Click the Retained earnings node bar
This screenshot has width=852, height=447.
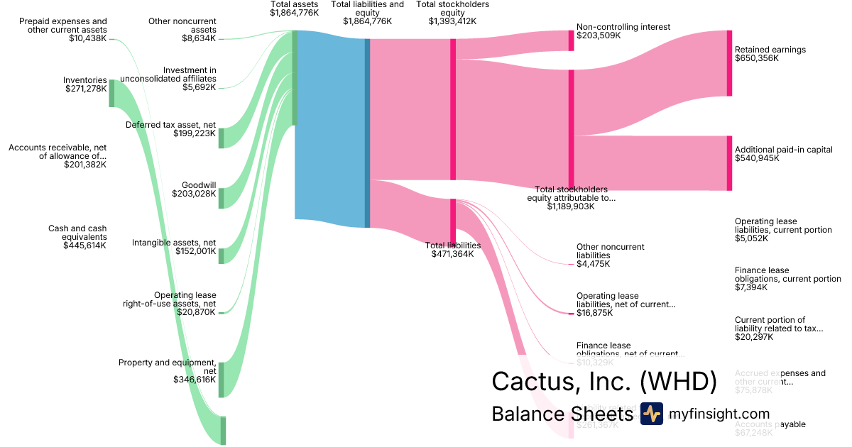coord(729,63)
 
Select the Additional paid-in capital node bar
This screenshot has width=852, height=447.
coord(729,163)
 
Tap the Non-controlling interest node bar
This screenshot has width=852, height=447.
coord(571,40)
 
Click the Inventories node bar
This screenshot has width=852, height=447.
coord(111,93)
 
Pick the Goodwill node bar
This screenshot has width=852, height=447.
coord(221,198)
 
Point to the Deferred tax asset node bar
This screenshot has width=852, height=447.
coord(221,138)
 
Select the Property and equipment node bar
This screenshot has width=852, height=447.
coord(221,380)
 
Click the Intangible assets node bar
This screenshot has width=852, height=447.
coord(221,255)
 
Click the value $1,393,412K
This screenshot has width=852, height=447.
coord(452,21)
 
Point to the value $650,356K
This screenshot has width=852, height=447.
coord(756,59)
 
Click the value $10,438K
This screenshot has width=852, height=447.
coord(88,38)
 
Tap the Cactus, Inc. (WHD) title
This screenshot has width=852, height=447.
coord(603,382)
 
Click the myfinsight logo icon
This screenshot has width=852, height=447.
coord(651,414)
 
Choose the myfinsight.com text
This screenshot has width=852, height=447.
coord(719,414)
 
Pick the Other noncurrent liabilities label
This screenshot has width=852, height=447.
coord(610,251)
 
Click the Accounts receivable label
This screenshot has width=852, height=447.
coord(57,151)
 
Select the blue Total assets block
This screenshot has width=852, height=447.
coord(330,128)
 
